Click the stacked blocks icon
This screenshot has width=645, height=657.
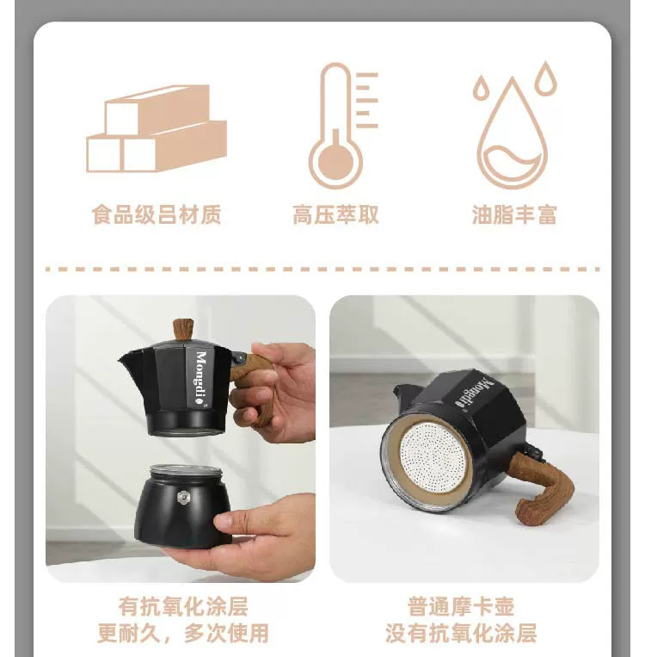click(157, 128)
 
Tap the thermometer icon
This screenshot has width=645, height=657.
click(342, 125)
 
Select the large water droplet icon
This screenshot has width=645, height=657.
click(512, 133)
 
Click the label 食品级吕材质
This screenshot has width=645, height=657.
click(157, 214)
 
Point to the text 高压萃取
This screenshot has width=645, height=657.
click(335, 214)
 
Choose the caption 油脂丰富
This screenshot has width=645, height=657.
click(514, 214)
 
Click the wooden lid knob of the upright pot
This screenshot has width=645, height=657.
click(183, 330)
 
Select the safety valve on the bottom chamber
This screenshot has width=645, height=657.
click(183, 497)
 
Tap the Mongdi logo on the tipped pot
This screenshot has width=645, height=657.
click(475, 394)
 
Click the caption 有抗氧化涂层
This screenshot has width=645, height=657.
click(183, 606)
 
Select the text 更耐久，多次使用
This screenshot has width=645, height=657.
click(183, 633)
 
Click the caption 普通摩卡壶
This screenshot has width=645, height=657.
click(461, 606)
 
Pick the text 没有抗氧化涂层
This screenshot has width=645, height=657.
click(461, 633)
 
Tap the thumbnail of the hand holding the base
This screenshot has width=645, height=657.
click(181, 438)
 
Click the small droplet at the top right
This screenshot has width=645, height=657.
click(546, 78)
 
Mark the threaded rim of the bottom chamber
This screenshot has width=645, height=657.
click(186, 472)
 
